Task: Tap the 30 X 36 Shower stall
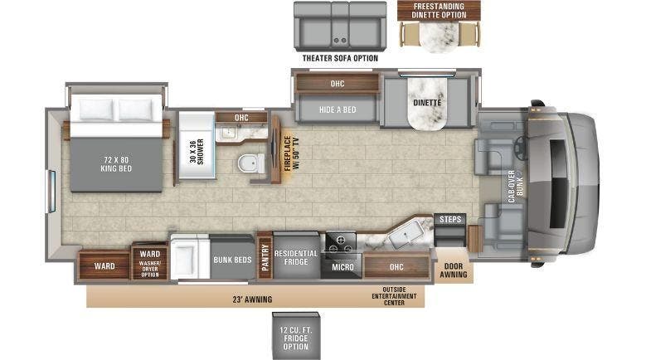(196, 149)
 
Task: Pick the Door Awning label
(454, 270)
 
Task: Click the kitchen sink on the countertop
(408, 236)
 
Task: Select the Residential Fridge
(297, 256)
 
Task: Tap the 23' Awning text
(253, 299)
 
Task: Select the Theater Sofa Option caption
(340, 58)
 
